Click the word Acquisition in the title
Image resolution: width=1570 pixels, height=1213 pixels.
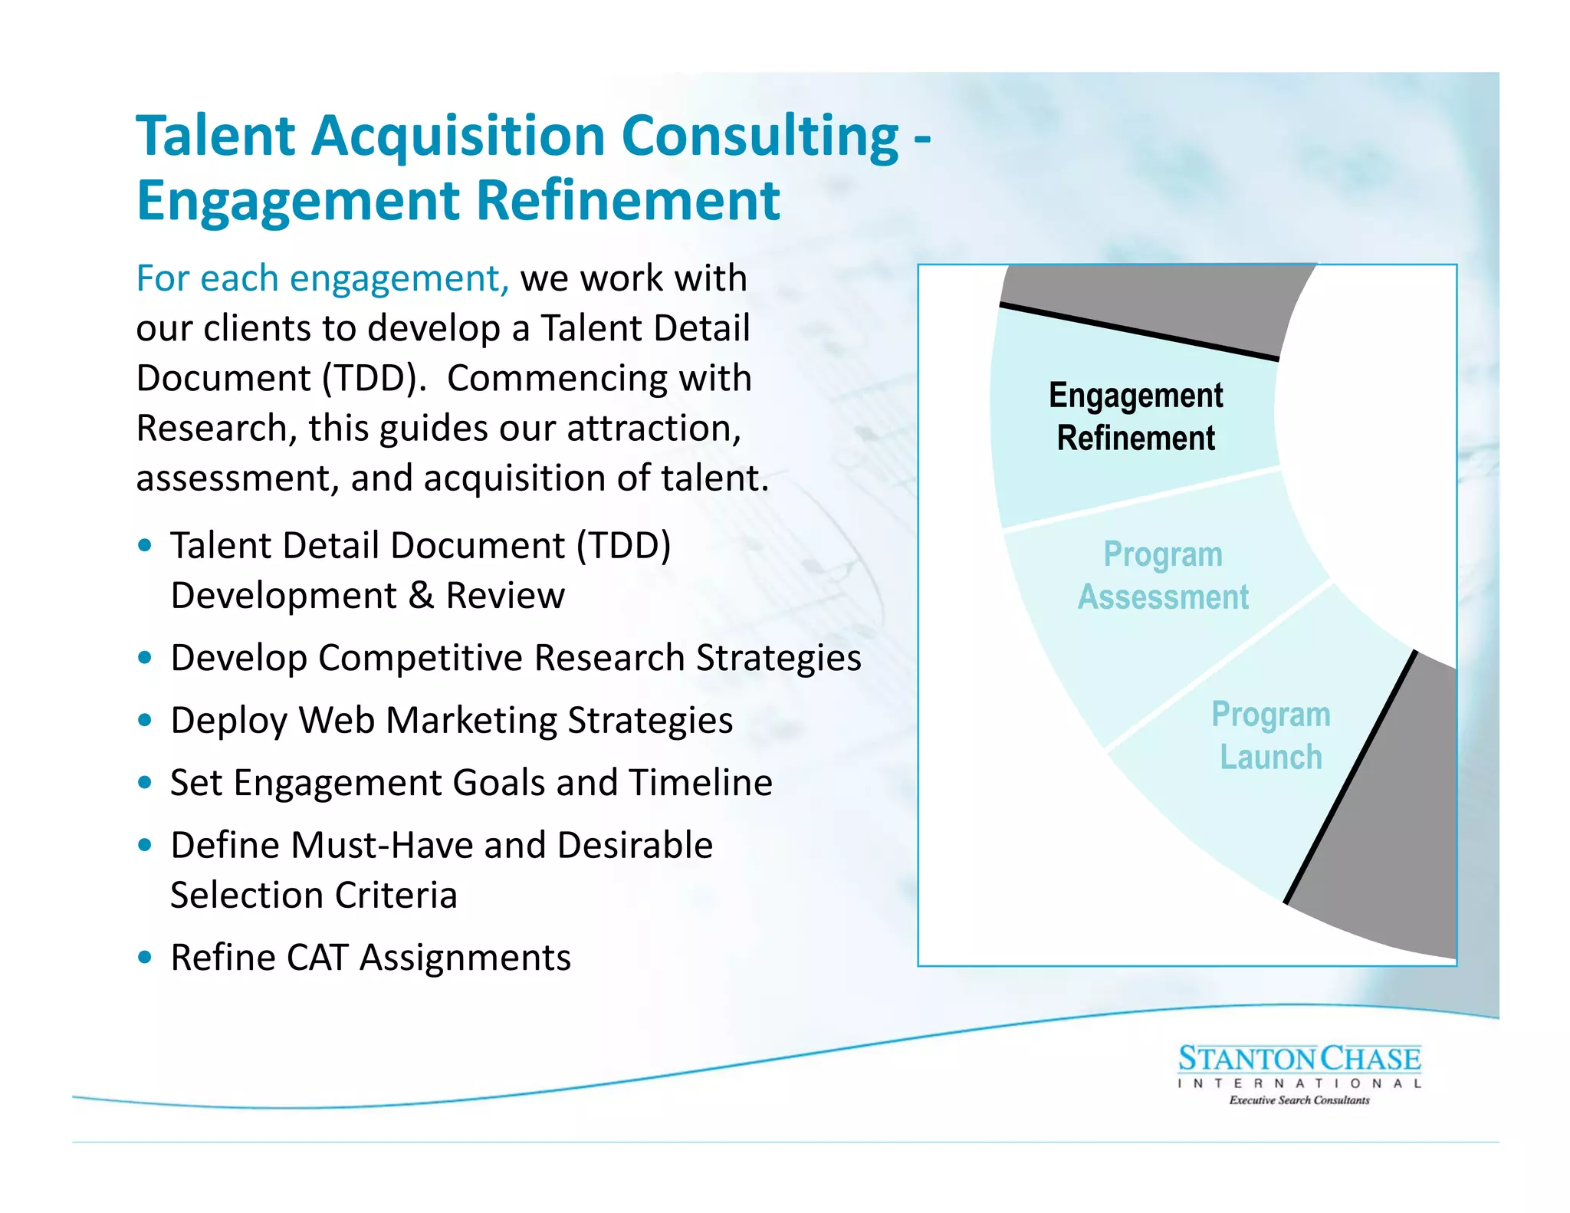[458, 136]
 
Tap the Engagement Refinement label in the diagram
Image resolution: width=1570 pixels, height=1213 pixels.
[1135, 416]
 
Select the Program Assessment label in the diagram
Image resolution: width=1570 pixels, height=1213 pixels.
[1163, 575]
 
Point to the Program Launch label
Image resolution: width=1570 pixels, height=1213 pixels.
[1270, 735]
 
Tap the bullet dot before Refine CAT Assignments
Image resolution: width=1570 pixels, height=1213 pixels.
[145, 957]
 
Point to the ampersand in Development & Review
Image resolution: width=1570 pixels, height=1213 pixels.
[421, 596]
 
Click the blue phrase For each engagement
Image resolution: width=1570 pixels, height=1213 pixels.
[322, 278]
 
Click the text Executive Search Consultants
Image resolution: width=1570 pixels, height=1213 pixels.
[1299, 1100]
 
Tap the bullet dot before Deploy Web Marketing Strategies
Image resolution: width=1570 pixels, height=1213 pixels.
[145, 721]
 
